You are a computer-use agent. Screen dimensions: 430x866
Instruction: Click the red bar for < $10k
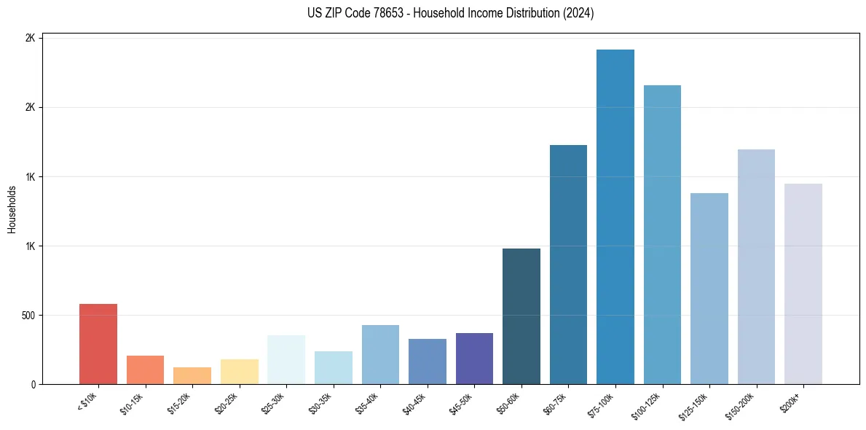[98, 344]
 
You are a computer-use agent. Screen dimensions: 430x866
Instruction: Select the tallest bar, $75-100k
[615, 217]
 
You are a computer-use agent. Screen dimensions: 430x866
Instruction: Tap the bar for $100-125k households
[662, 235]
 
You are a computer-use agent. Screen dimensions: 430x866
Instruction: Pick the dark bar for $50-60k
[521, 316]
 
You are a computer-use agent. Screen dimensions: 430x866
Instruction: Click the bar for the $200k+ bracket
[803, 284]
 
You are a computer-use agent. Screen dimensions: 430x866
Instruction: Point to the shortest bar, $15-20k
[192, 375]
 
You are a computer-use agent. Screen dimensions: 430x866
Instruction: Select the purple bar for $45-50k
[474, 359]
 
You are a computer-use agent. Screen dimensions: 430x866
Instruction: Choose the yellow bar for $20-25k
[240, 372]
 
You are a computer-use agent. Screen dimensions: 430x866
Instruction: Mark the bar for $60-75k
[568, 265]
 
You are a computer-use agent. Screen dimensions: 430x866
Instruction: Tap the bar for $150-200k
[756, 267]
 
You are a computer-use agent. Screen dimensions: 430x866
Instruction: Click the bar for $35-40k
[380, 354]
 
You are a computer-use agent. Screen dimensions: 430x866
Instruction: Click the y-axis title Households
[12, 209]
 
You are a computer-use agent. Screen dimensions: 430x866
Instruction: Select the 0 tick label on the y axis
[32, 385]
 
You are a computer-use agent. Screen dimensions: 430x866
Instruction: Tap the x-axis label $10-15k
[131, 403]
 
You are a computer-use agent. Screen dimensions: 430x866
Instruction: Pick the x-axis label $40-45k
[413, 403]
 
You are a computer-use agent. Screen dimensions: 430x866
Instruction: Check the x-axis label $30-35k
[319, 403]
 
